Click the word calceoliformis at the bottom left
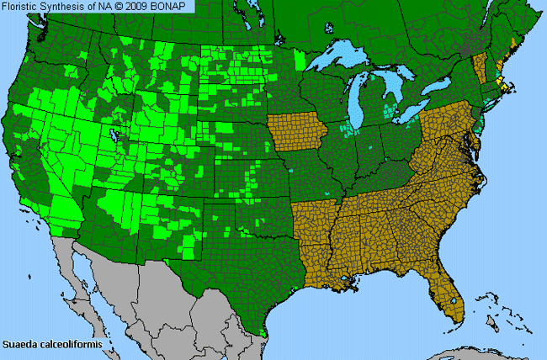pyautogui.click(x=70, y=344)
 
